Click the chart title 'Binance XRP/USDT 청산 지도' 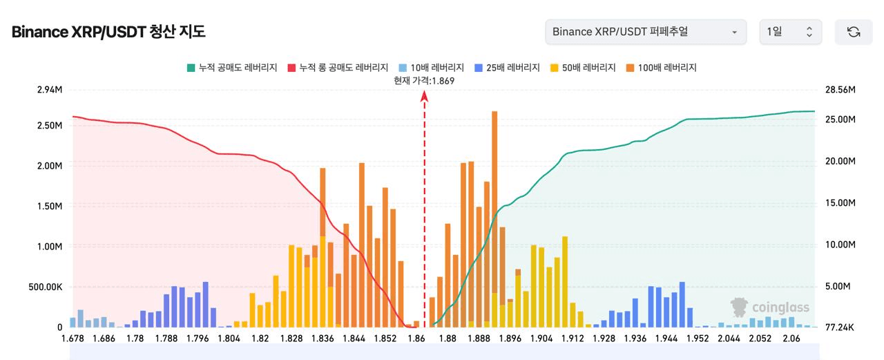pyautogui.click(x=108, y=32)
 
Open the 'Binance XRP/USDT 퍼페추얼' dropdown pyautogui.click(x=645, y=32)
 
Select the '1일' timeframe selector pyautogui.click(x=790, y=32)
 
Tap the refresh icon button pyautogui.click(x=854, y=32)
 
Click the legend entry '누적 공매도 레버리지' pyautogui.click(x=232, y=68)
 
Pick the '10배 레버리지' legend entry pyautogui.click(x=431, y=68)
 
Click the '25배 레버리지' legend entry pyautogui.click(x=507, y=68)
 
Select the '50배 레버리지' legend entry pyautogui.click(x=583, y=68)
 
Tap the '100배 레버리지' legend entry pyautogui.click(x=661, y=68)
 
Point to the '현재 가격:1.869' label pyautogui.click(x=424, y=81)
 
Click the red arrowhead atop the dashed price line pyautogui.click(x=424, y=97)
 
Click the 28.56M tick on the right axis pyautogui.click(x=840, y=90)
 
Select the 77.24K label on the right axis pyautogui.click(x=840, y=327)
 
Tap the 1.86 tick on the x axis pyautogui.click(x=416, y=339)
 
